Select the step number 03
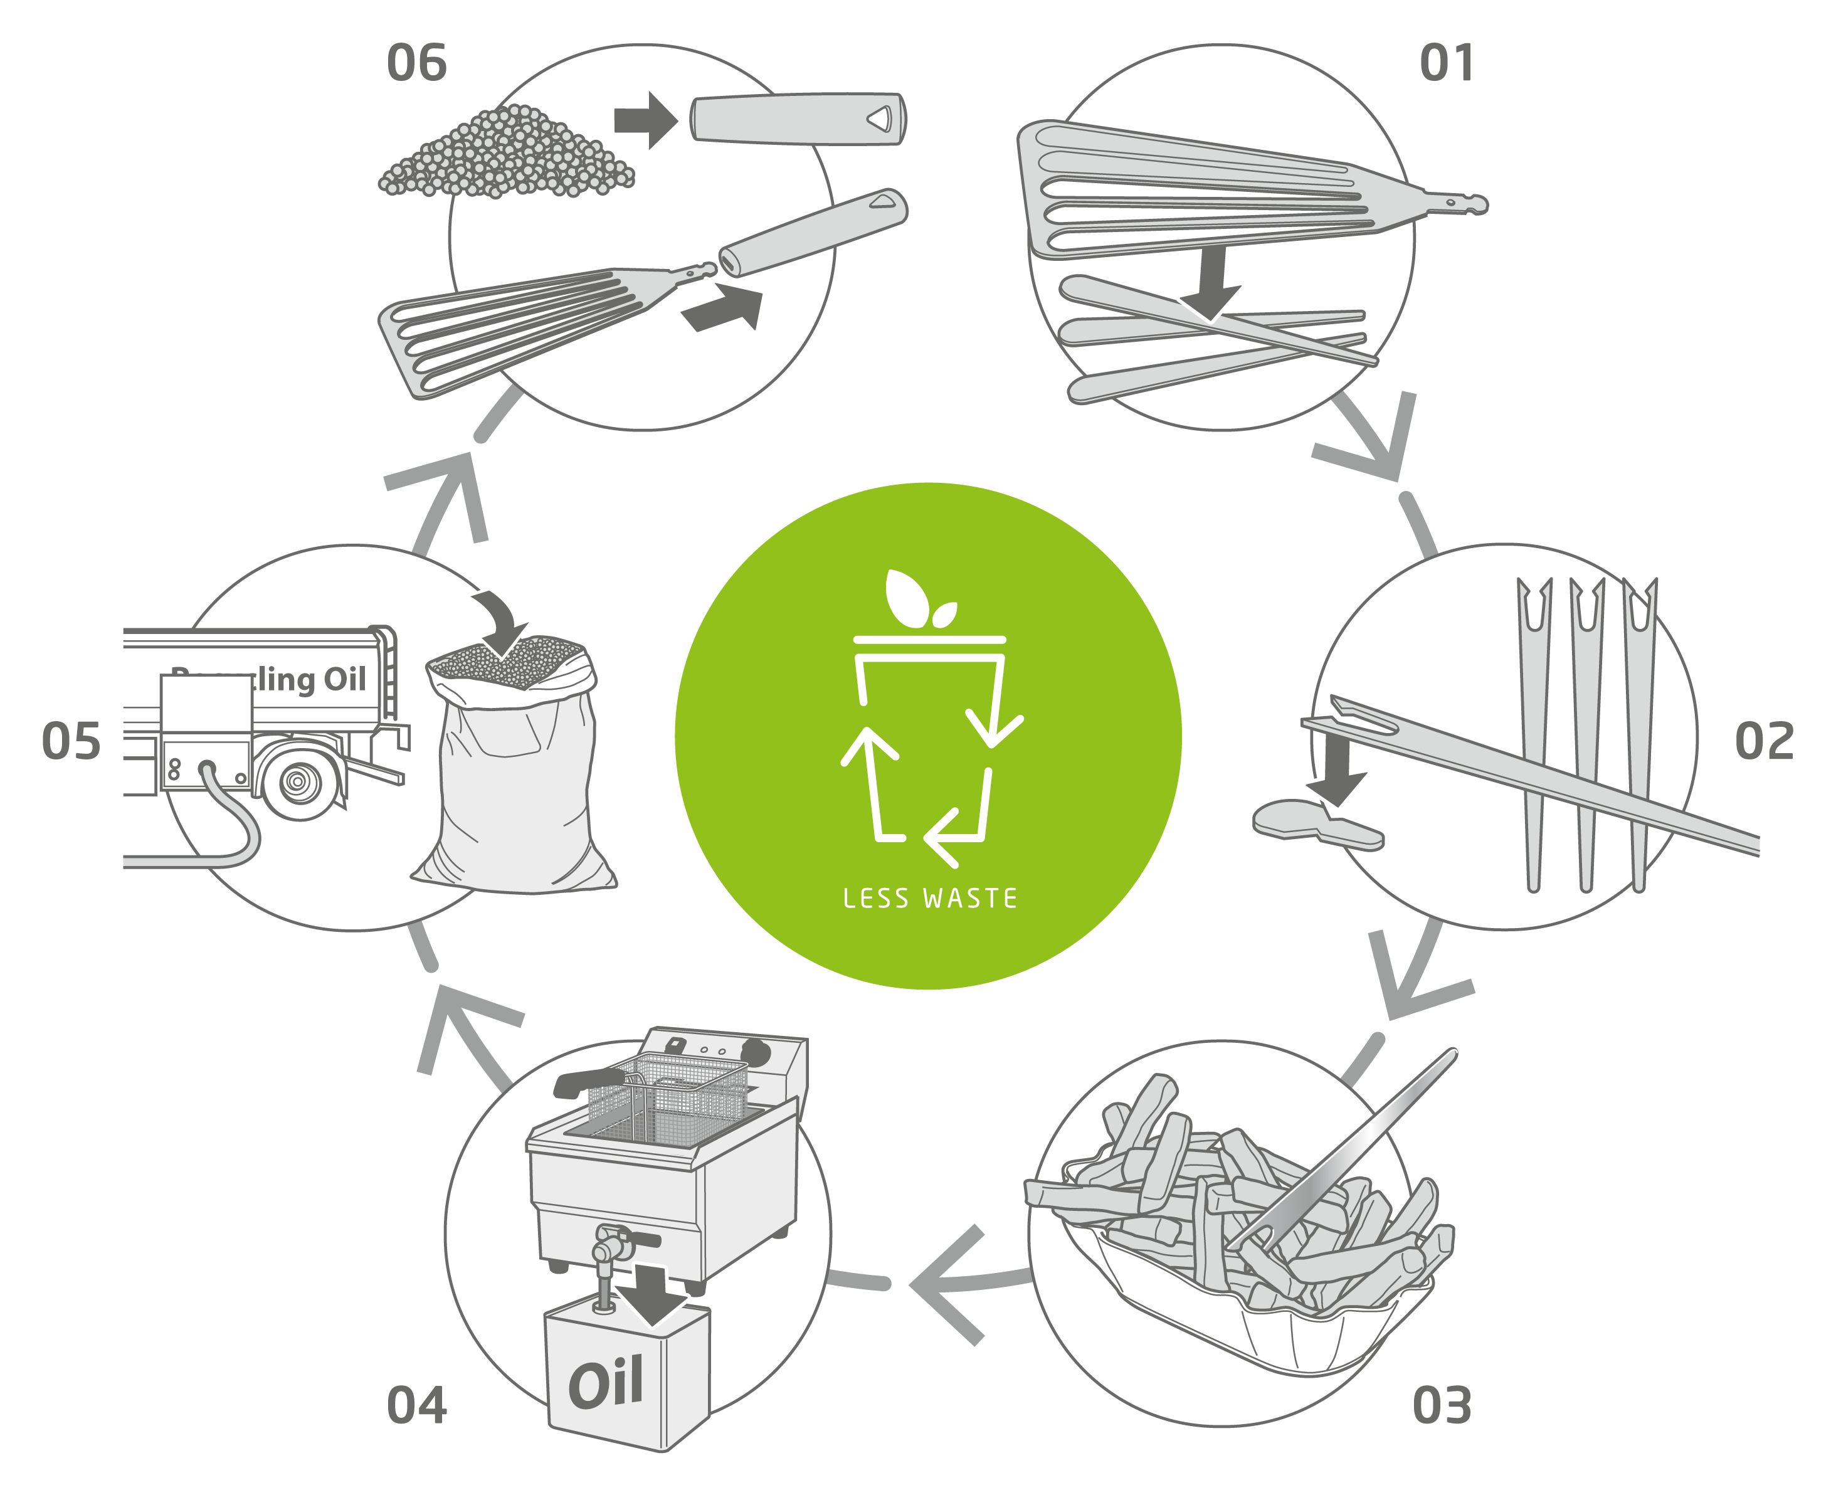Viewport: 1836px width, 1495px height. [x=1442, y=1405]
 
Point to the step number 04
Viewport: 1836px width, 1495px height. [x=417, y=1405]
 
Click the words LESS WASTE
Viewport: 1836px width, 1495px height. [x=929, y=898]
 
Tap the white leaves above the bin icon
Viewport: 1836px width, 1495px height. [x=915, y=598]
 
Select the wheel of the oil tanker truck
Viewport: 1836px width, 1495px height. [x=298, y=782]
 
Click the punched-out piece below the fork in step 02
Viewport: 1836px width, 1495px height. [x=1316, y=822]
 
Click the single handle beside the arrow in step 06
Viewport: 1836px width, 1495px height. [x=796, y=119]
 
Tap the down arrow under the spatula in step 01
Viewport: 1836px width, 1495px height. [x=1211, y=284]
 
